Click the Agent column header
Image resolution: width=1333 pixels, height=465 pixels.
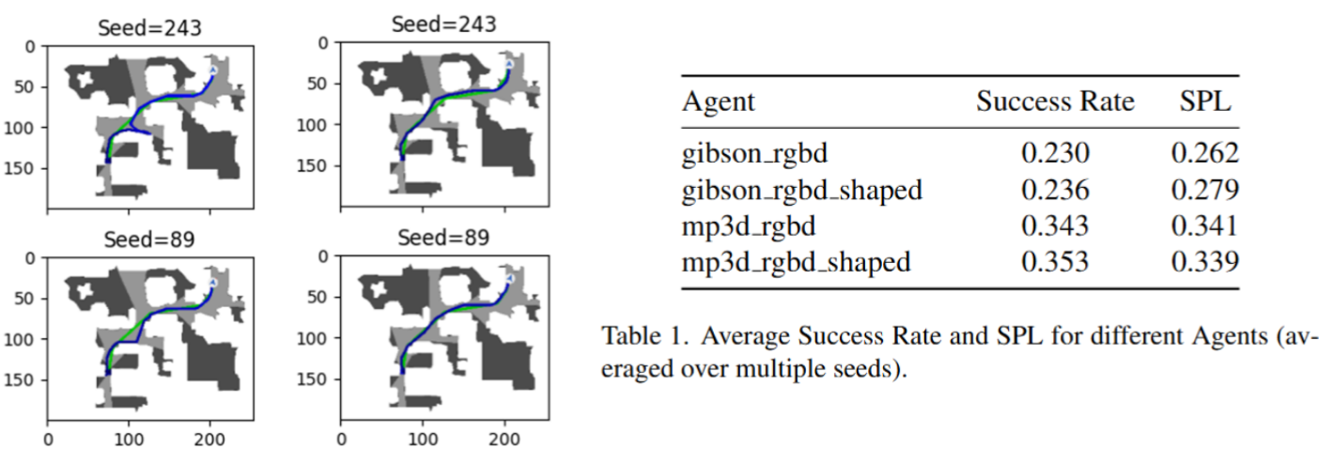pyautogui.click(x=719, y=101)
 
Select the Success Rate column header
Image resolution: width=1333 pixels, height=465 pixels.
pyautogui.click(x=1055, y=101)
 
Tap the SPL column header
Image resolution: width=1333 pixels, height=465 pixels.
pyautogui.click(x=1205, y=101)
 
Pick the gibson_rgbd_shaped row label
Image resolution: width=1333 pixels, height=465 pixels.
pyautogui.click(x=802, y=191)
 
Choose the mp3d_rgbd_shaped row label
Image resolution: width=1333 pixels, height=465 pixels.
pyautogui.click(x=798, y=262)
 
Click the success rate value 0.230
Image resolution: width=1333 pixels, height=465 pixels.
pyautogui.click(x=1055, y=154)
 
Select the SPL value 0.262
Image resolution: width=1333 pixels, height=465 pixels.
pyautogui.click(x=1205, y=154)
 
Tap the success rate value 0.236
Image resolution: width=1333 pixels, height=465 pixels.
pyautogui.click(x=1055, y=191)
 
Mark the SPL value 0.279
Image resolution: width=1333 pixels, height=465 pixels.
pyautogui.click(x=1205, y=191)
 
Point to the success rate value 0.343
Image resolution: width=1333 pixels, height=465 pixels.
pyautogui.click(x=1055, y=226)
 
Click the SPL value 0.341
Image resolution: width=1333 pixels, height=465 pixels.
pyautogui.click(x=1205, y=226)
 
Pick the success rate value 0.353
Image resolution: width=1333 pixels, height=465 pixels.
pyautogui.click(x=1055, y=262)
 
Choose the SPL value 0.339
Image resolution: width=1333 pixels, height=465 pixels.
pyautogui.click(x=1205, y=262)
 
